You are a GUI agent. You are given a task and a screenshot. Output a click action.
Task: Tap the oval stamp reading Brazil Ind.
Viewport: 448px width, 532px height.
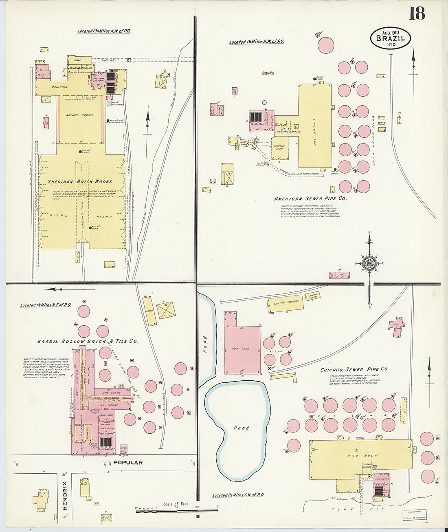pyautogui.click(x=390, y=38)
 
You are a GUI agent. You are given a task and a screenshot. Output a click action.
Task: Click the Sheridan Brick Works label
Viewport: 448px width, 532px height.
pyautogui.click(x=79, y=182)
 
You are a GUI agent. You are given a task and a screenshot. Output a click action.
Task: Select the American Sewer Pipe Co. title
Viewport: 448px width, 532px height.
pyautogui.click(x=310, y=199)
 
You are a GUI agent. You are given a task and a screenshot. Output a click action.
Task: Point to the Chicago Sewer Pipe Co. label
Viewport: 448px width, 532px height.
pyautogui.click(x=354, y=369)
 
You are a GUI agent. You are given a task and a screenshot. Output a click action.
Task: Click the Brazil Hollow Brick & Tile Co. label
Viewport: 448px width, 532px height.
pyautogui.click(x=88, y=341)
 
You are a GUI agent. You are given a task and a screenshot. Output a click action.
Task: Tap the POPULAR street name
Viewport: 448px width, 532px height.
pyautogui.click(x=128, y=462)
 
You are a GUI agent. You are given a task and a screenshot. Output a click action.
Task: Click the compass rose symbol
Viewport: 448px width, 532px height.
pyautogui.click(x=369, y=263)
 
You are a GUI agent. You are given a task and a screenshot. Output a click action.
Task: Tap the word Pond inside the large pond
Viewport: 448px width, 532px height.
pyautogui.click(x=241, y=428)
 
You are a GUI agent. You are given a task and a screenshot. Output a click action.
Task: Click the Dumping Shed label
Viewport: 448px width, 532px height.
pyautogui.click(x=279, y=148)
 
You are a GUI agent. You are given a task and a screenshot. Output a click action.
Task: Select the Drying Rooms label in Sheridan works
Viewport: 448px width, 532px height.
pyautogui.click(x=79, y=115)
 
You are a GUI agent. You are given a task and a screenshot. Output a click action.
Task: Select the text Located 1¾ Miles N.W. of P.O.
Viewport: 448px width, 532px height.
pyautogui.click(x=104, y=31)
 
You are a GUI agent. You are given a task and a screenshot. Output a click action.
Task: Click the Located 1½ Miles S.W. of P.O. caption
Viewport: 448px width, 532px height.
pyautogui.click(x=238, y=495)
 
